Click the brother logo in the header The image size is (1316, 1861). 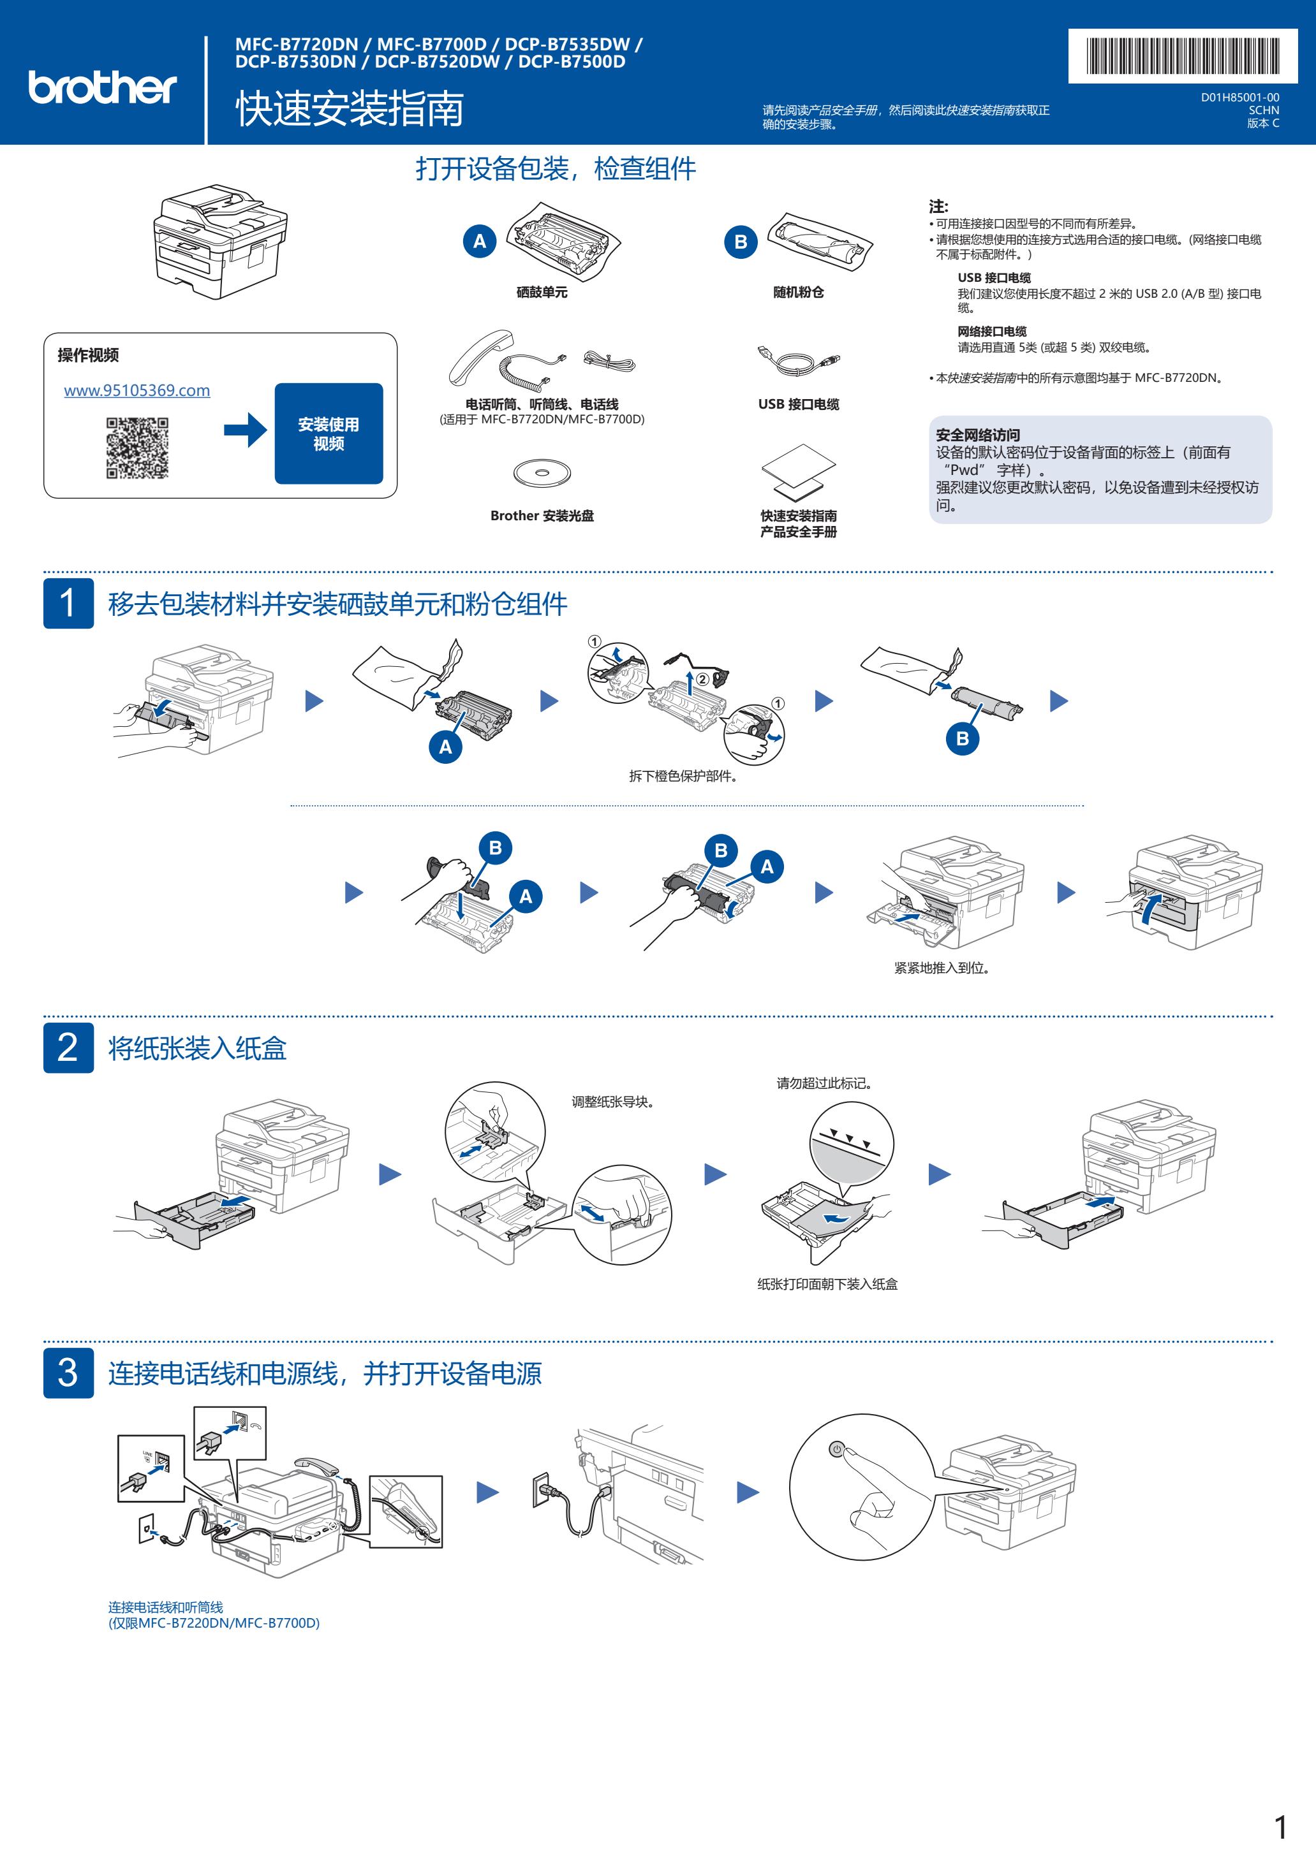click(102, 87)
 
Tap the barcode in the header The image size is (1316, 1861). click(1182, 56)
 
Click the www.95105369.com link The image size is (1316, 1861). click(137, 391)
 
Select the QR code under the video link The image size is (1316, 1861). click(137, 448)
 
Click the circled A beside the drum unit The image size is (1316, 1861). click(479, 241)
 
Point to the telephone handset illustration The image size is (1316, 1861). click(482, 356)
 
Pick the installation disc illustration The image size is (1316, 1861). click(542, 472)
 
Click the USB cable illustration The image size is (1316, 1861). click(799, 360)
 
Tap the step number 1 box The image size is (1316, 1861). click(68, 603)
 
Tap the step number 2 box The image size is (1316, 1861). click(68, 1047)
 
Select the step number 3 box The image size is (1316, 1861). click(68, 1372)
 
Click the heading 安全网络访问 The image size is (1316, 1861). click(978, 435)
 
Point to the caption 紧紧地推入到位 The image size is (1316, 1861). click(942, 968)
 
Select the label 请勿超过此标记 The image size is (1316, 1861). click(824, 1083)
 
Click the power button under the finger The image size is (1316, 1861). click(836, 1449)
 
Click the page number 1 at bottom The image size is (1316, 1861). click(1280, 1827)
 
